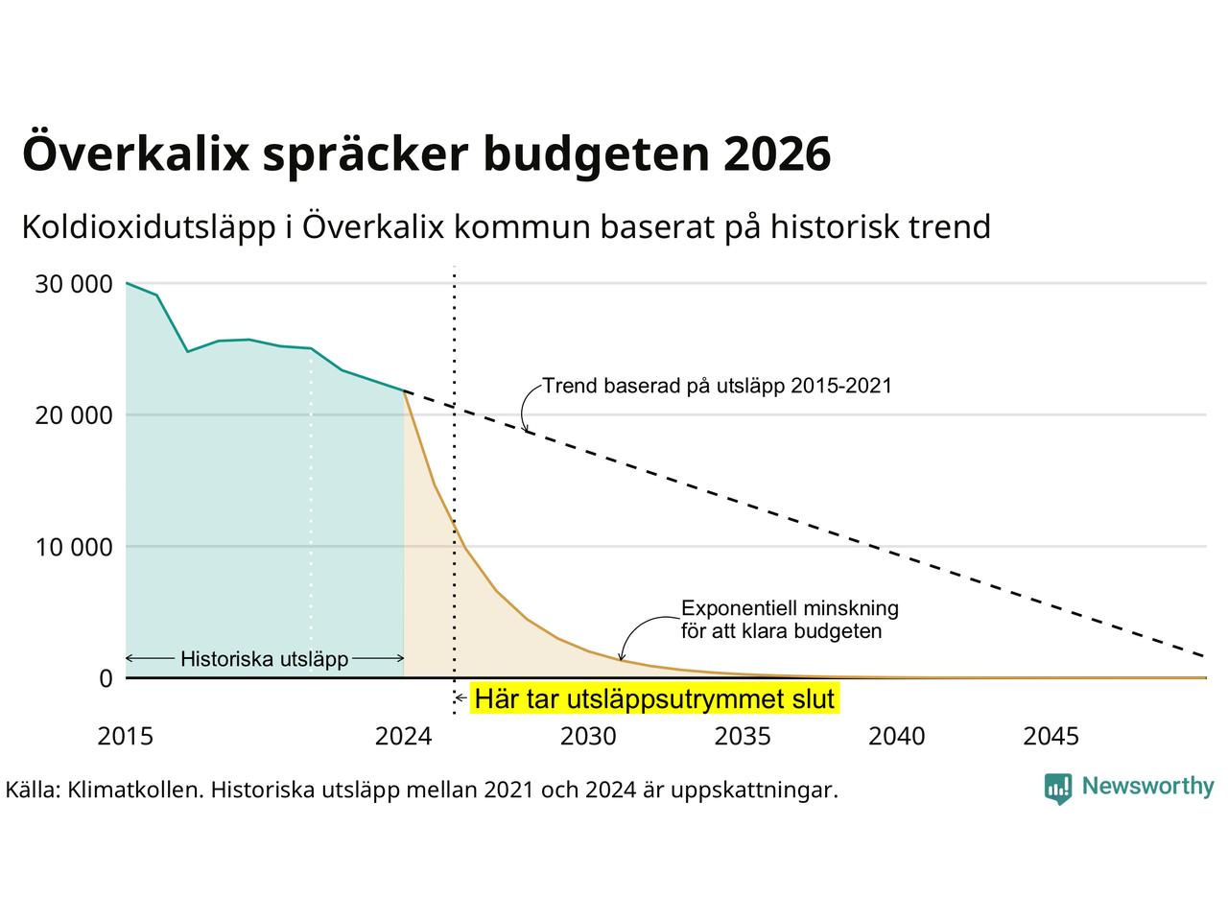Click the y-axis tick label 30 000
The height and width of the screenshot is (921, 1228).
click(x=73, y=284)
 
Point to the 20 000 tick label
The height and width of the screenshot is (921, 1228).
click(x=73, y=415)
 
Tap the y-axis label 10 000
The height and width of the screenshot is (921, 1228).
click(x=73, y=547)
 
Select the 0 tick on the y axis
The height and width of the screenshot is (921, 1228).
click(x=106, y=678)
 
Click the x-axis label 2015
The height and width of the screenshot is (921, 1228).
click(x=126, y=736)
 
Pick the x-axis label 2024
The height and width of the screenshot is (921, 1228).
click(x=403, y=736)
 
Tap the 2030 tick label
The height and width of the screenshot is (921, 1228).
click(x=588, y=736)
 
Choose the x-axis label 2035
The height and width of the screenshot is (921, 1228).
click(x=743, y=736)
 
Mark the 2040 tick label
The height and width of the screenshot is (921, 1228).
click(x=897, y=736)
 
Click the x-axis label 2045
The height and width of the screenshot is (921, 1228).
click(x=1051, y=736)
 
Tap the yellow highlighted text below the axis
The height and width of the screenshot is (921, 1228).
click(x=654, y=699)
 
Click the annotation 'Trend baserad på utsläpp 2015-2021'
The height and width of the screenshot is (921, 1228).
click(x=718, y=386)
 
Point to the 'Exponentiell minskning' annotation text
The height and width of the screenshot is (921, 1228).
click(x=790, y=608)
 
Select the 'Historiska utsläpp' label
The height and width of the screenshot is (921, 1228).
click(x=265, y=659)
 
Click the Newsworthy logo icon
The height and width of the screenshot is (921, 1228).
click(x=1058, y=789)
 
